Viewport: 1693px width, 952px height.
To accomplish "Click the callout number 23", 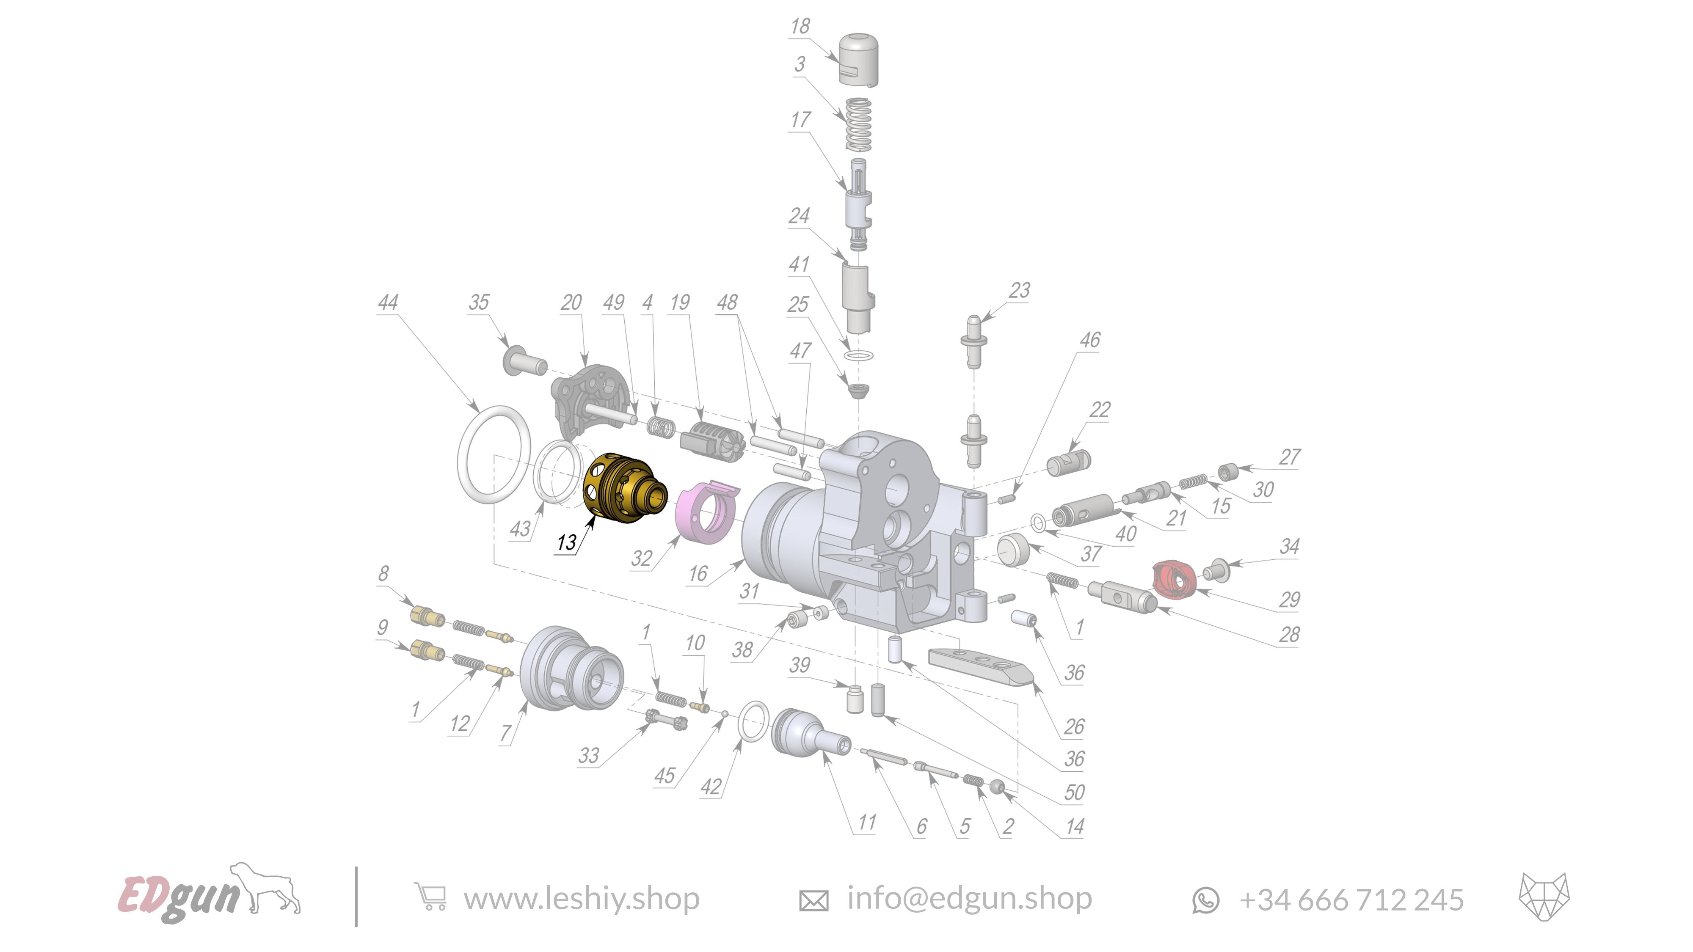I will (1019, 290).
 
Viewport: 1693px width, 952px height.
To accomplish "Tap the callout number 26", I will (1074, 726).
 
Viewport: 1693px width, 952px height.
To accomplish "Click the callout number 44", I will (388, 302).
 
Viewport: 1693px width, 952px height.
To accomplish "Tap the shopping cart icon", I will (430, 897).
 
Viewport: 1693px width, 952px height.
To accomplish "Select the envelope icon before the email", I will (813, 900).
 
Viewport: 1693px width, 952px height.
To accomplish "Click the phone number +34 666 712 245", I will (1351, 900).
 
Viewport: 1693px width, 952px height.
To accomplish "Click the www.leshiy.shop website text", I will (581, 899).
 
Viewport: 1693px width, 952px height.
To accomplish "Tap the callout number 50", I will (1074, 792).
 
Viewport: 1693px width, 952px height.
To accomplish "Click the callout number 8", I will (383, 574).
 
